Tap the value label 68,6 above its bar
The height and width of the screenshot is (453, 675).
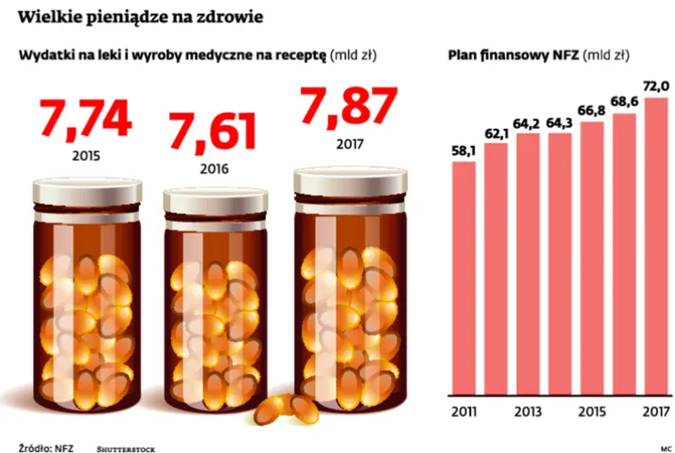pos(623,102)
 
